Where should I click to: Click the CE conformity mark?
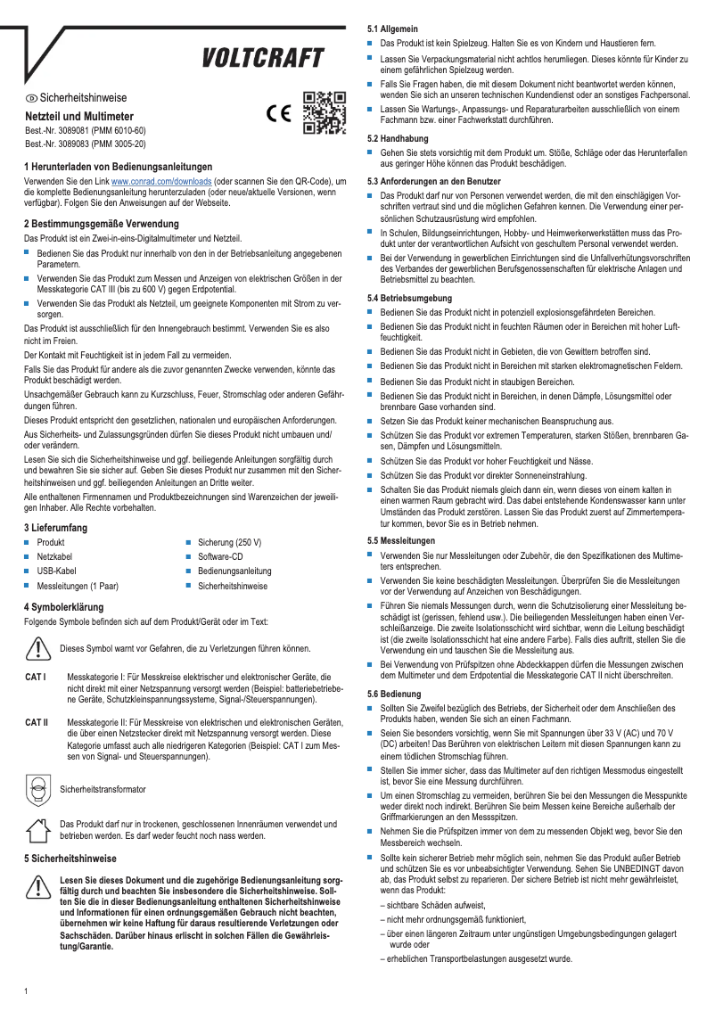tap(279, 114)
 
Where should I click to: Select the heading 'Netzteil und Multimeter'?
tap(79, 116)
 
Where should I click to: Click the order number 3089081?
tap(85, 130)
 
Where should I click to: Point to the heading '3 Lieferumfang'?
tap(55, 528)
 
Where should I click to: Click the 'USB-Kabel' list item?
tap(56, 571)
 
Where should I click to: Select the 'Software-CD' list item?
tap(221, 556)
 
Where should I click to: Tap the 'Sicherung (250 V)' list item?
tap(229, 542)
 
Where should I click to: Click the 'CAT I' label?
tap(36, 678)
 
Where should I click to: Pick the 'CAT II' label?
tap(37, 721)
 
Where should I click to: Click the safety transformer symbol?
tap(37, 789)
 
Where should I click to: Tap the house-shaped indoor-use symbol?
tap(37, 829)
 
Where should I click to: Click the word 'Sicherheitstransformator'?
tap(102, 790)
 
